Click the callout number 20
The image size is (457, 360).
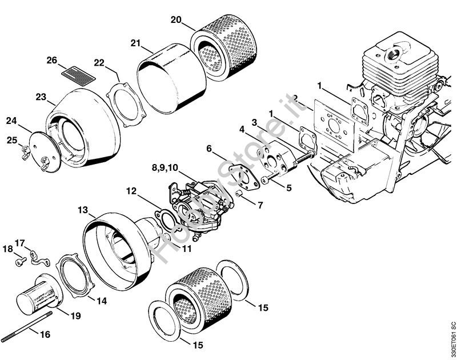pyautogui.click(x=177, y=19)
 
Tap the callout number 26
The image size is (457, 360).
pyautogui.click(x=52, y=60)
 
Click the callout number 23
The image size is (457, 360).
pyautogui.click(x=40, y=97)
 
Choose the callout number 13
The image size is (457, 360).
pyautogui.click(x=83, y=211)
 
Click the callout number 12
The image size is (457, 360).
pyautogui.click(x=131, y=191)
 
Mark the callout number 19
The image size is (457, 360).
pyautogui.click(x=75, y=315)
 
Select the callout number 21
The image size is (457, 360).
pyautogui.click(x=135, y=43)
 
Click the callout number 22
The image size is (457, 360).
pyautogui.click(x=99, y=63)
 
